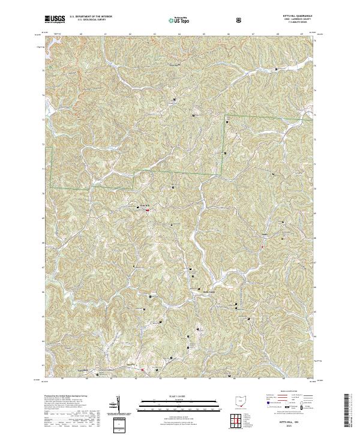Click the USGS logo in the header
coord(55,19)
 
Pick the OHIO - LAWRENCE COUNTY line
coord(298,20)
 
